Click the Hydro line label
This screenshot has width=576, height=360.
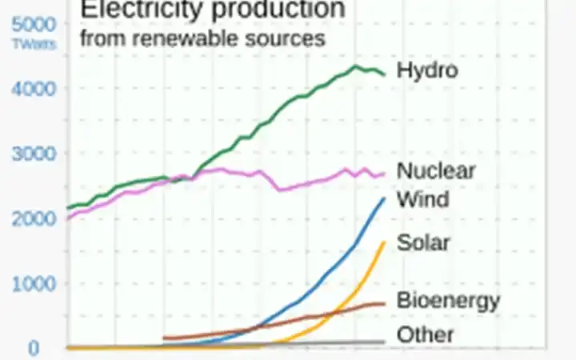(x=427, y=70)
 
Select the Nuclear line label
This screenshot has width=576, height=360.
(x=436, y=170)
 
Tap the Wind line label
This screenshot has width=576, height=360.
(x=422, y=199)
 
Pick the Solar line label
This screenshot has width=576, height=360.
(x=424, y=242)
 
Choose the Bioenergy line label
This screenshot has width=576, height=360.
(x=448, y=301)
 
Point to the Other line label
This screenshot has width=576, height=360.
(x=425, y=335)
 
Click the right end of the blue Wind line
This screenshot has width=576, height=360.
(x=385, y=198)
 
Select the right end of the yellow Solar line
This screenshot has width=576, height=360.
(x=385, y=242)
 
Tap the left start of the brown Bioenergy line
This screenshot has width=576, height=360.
(x=163, y=338)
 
